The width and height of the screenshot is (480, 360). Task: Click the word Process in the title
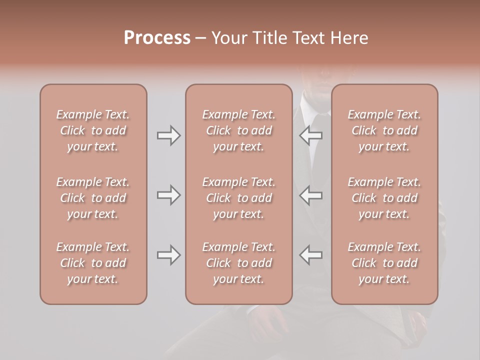157,38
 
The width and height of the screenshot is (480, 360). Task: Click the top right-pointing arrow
169,135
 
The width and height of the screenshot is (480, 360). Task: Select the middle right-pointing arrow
169,195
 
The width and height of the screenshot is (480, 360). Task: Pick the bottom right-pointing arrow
169,255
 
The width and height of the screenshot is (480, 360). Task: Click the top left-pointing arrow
310,135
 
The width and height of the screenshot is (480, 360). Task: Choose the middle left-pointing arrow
310,195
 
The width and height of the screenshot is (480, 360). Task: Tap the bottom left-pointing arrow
310,255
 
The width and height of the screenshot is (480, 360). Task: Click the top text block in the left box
93,130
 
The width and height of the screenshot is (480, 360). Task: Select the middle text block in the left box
93,198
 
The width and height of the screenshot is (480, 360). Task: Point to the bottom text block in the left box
93,263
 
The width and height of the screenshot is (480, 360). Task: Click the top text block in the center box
239,130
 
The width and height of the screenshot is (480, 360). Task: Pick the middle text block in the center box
239,198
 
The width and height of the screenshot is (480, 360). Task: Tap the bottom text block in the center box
239,263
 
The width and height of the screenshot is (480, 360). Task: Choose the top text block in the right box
384,130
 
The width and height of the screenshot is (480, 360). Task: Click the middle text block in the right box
384,198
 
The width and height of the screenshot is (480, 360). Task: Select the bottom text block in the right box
384,263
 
